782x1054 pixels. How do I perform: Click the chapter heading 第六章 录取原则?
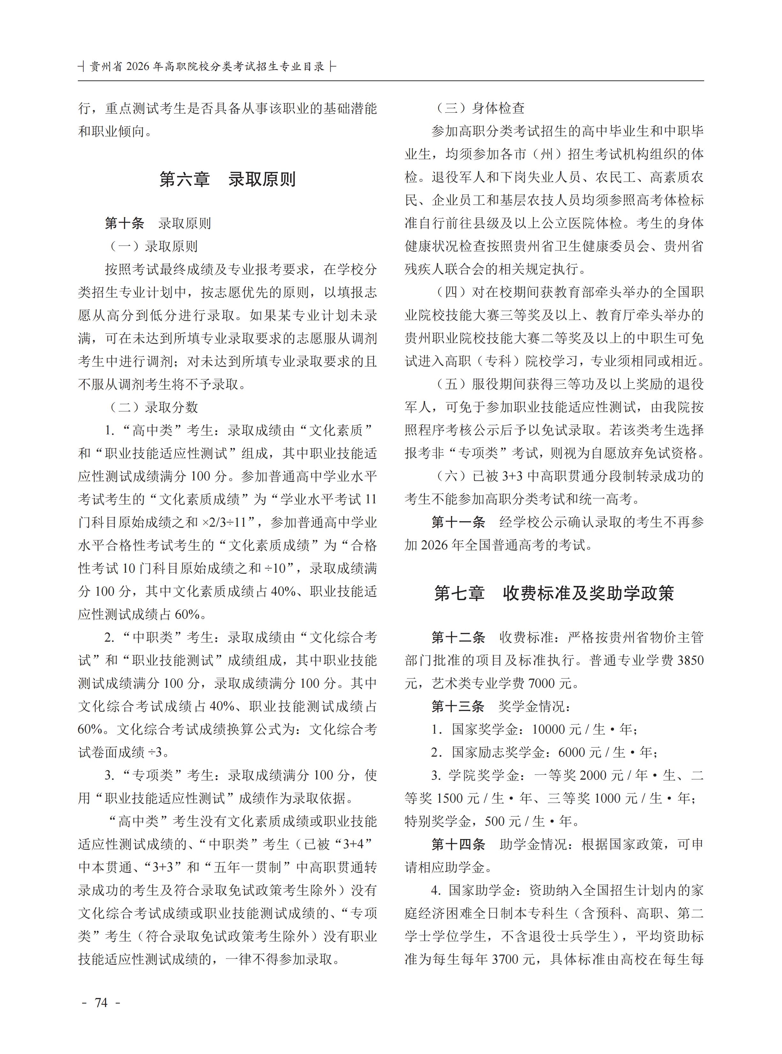pos(227,179)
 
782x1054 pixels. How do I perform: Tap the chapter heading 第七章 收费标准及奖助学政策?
pos(554,593)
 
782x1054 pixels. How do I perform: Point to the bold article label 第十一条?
pos(458,522)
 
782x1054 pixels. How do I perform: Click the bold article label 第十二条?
pos(458,637)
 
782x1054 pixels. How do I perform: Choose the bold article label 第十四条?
pos(458,844)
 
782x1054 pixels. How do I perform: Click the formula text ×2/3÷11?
pos(229,522)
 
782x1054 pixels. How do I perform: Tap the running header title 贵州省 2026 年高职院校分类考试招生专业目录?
pos(207,67)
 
